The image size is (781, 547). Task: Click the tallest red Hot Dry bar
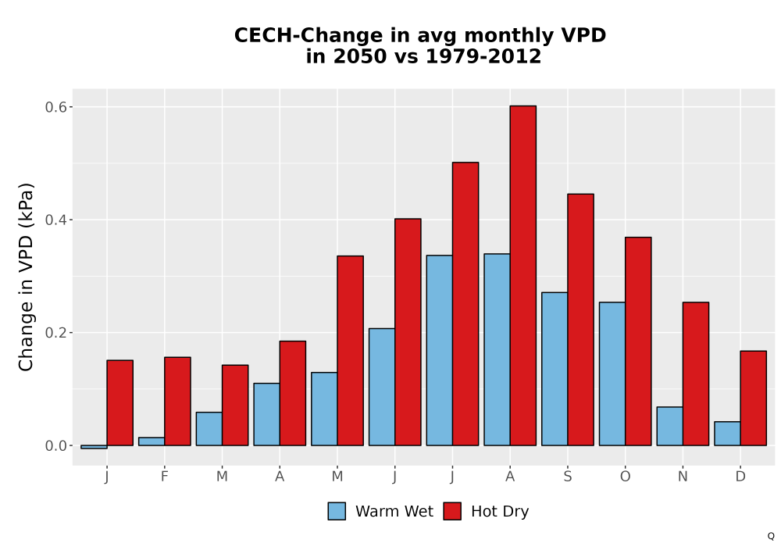click(523, 276)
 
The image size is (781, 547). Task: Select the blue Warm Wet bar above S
click(555, 369)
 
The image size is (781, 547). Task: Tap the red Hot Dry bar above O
click(638, 341)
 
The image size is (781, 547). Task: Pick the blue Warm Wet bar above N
click(669, 426)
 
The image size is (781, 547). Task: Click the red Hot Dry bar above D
click(753, 398)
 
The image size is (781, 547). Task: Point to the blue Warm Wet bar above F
click(152, 442)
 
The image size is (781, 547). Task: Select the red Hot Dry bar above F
click(177, 401)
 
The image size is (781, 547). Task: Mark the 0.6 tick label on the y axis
click(55, 107)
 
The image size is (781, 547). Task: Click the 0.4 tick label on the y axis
click(55, 220)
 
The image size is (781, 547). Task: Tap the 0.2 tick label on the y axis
click(55, 333)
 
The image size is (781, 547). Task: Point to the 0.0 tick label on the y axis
click(55, 446)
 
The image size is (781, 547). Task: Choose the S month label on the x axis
click(567, 477)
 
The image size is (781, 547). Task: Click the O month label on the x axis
click(625, 477)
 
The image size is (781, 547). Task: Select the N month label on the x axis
click(683, 477)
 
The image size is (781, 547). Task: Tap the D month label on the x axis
click(740, 477)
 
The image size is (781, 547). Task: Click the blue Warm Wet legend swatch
click(337, 511)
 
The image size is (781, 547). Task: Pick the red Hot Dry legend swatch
click(452, 511)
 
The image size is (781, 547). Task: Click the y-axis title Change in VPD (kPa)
click(26, 277)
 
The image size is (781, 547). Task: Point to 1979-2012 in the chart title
click(483, 56)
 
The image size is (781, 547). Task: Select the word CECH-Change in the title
click(322, 36)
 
